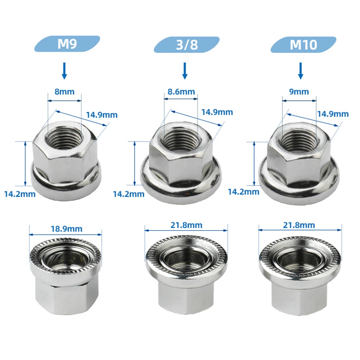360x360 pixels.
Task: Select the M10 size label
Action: (x=303, y=45)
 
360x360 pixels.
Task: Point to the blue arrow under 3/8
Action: (x=185, y=70)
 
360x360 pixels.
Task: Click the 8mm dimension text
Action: (x=65, y=91)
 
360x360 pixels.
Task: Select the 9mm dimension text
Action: (x=299, y=92)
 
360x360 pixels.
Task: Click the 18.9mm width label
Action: (x=66, y=228)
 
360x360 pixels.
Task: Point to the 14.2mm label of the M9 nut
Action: (x=20, y=195)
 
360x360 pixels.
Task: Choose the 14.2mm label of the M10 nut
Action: (x=243, y=192)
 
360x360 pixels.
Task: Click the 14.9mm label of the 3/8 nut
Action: (x=217, y=112)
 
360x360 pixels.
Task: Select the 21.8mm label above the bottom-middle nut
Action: (x=187, y=225)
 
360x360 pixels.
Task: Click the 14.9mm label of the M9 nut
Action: (x=102, y=115)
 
